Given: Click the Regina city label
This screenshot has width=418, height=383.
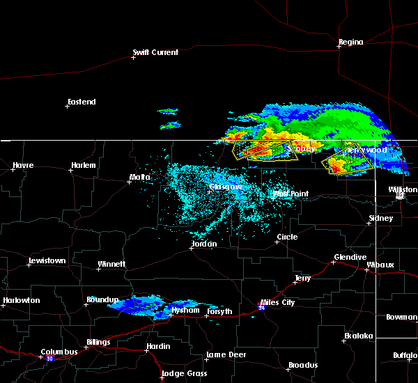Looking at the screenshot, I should tap(350, 42).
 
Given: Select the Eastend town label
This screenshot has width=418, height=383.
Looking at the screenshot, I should tap(82, 102).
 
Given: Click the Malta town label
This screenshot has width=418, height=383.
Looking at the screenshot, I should tap(139, 178).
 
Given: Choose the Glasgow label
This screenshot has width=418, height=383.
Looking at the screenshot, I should tap(226, 187).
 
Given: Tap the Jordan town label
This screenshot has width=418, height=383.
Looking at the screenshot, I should tap(204, 244).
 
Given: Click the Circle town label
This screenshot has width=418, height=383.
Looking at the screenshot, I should tap(287, 237).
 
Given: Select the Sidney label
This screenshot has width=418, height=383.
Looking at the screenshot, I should tap(380, 218).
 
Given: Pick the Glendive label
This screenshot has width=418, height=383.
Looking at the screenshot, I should tap(350, 257).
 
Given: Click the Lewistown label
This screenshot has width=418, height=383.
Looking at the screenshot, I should tap(47, 260).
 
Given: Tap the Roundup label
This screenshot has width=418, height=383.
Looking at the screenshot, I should tap(102, 299).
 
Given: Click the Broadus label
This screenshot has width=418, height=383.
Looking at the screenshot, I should tap(303, 365).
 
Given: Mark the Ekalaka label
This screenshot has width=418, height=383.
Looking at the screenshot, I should tap(359, 336).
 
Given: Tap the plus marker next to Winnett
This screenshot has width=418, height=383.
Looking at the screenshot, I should tap(99, 269).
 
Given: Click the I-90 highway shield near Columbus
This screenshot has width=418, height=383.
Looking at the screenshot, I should tap(49, 359).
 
